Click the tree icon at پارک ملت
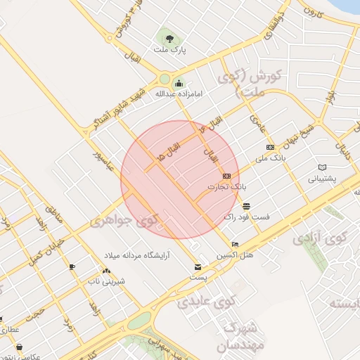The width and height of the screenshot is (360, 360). point(167,37)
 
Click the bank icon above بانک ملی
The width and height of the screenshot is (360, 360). point(271,147)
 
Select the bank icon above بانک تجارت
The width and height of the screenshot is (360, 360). point(226,176)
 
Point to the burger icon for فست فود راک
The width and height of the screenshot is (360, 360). point(246,206)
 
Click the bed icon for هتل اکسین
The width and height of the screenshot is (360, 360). point(235,244)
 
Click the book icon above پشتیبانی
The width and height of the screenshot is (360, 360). point(323,167)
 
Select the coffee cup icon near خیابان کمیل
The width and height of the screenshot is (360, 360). point(72,266)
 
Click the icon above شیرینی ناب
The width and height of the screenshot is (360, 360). point(105,271)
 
